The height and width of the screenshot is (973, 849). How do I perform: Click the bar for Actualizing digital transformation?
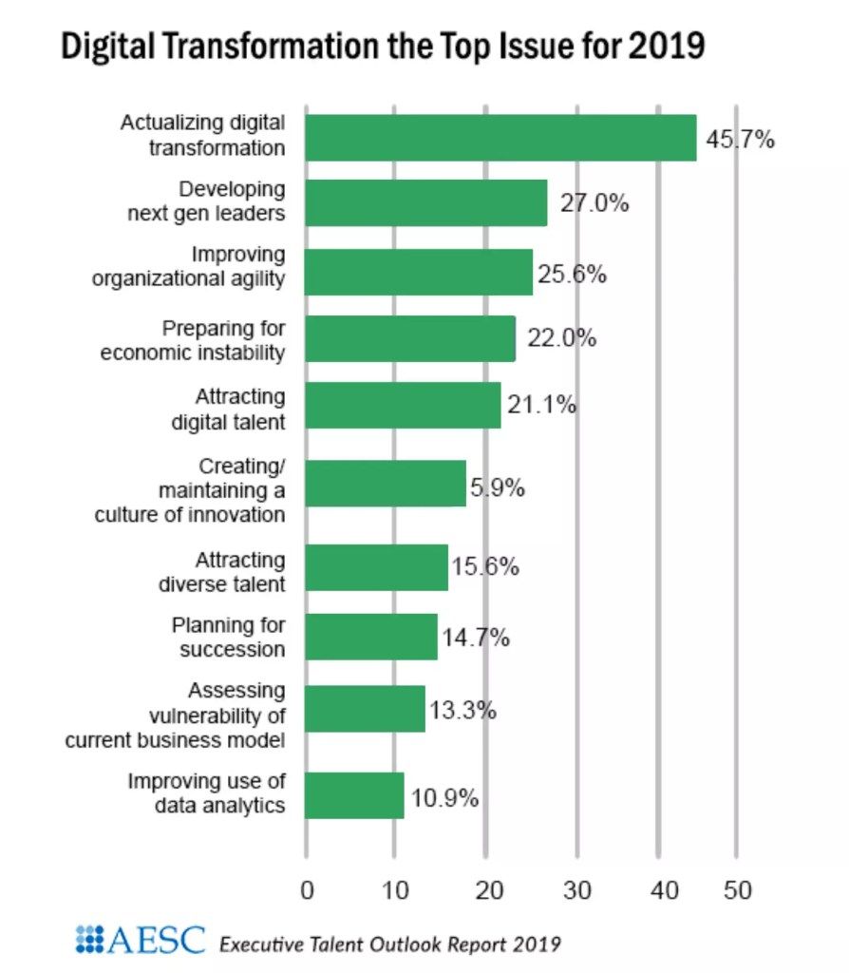pyautogui.click(x=500, y=138)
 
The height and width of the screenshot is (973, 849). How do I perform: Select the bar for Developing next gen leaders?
pyautogui.click(x=426, y=202)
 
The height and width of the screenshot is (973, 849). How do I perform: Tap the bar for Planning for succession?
pyautogui.click(x=371, y=637)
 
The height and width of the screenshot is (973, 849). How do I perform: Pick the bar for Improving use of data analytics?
pyautogui.click(x=354, y=795)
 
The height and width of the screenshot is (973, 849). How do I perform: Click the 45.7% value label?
pyautogui.click(x=741, y=140)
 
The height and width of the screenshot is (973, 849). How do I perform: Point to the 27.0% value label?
pyautogui.click(x=594, y=203)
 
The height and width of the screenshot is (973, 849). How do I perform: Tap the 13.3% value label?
pyautogui.click(x=462, y=710)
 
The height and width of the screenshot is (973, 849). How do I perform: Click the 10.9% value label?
pyautogui.click(x=443, y=796)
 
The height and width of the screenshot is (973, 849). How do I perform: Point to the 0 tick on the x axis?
pyautogui.click(x=306, y=890)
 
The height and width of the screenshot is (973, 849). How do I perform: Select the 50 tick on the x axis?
pyautogui.click(x=737, y=890)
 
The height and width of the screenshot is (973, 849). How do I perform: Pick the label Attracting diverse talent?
pyautogui.click(x=222, y=571)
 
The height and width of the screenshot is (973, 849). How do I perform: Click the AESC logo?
pyautogui.click(x=140, y=941)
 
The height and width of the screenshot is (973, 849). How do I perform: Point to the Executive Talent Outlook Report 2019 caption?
pyautogui.click(x=389, y=944)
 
